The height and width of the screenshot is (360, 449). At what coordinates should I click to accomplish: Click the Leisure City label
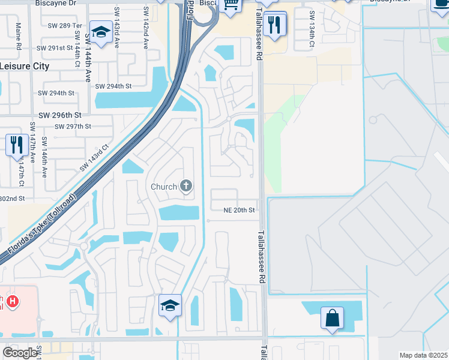pos(25,66)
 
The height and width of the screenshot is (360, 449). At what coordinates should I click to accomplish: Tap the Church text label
pos(163,187)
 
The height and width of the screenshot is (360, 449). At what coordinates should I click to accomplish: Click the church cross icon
pos(186,186)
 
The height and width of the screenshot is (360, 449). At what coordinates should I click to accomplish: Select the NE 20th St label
pos(240,210)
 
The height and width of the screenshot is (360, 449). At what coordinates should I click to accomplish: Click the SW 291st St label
pos(54,47)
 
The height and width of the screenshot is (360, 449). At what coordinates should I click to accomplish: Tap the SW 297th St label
pos(72,127)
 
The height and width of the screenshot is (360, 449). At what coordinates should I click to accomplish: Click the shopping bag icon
pos(332,317)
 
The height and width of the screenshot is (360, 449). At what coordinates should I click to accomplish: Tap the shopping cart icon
pos(231,5)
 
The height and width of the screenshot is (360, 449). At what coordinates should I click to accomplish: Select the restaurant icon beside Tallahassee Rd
pos(275,25)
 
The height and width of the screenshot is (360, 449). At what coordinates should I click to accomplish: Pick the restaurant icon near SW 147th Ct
pos(15,145)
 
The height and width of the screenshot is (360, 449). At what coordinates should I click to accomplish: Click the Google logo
pos(20,352)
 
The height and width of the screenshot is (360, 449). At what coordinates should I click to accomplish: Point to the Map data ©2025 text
pos(424,355)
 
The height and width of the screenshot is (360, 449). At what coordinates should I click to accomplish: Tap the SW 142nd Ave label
pos(145,19)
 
